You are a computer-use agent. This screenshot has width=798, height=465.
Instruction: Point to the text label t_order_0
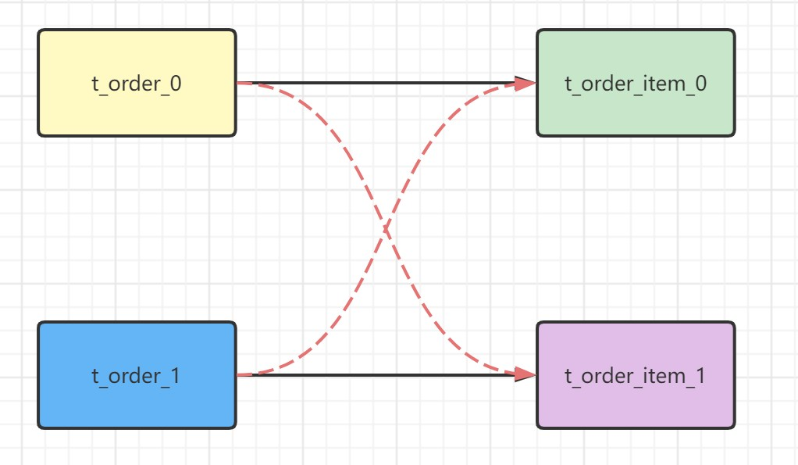[x=137, y=84]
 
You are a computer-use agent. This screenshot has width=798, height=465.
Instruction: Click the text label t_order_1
[x=137, y=376]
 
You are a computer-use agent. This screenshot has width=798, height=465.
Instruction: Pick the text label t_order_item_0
[x=636, y=84]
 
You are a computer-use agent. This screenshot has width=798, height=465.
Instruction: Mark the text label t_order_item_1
[x=636, y=376]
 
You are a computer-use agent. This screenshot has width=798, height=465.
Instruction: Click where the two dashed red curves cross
[x=386, y=229]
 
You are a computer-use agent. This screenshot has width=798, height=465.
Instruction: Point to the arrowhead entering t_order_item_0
[x=526, y=82]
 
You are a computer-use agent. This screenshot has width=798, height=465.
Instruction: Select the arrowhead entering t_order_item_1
[x=526, y=375]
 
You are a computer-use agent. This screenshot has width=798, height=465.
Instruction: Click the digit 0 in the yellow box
[x=176, y=84]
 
